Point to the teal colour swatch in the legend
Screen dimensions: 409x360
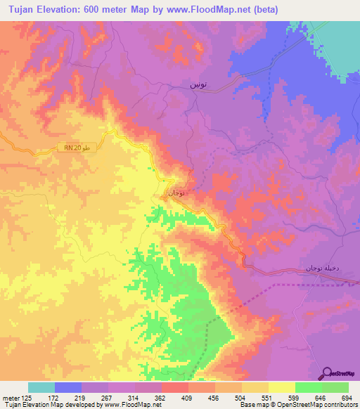41,387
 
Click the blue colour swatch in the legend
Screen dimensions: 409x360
68,387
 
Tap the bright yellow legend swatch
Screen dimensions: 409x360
282,387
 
